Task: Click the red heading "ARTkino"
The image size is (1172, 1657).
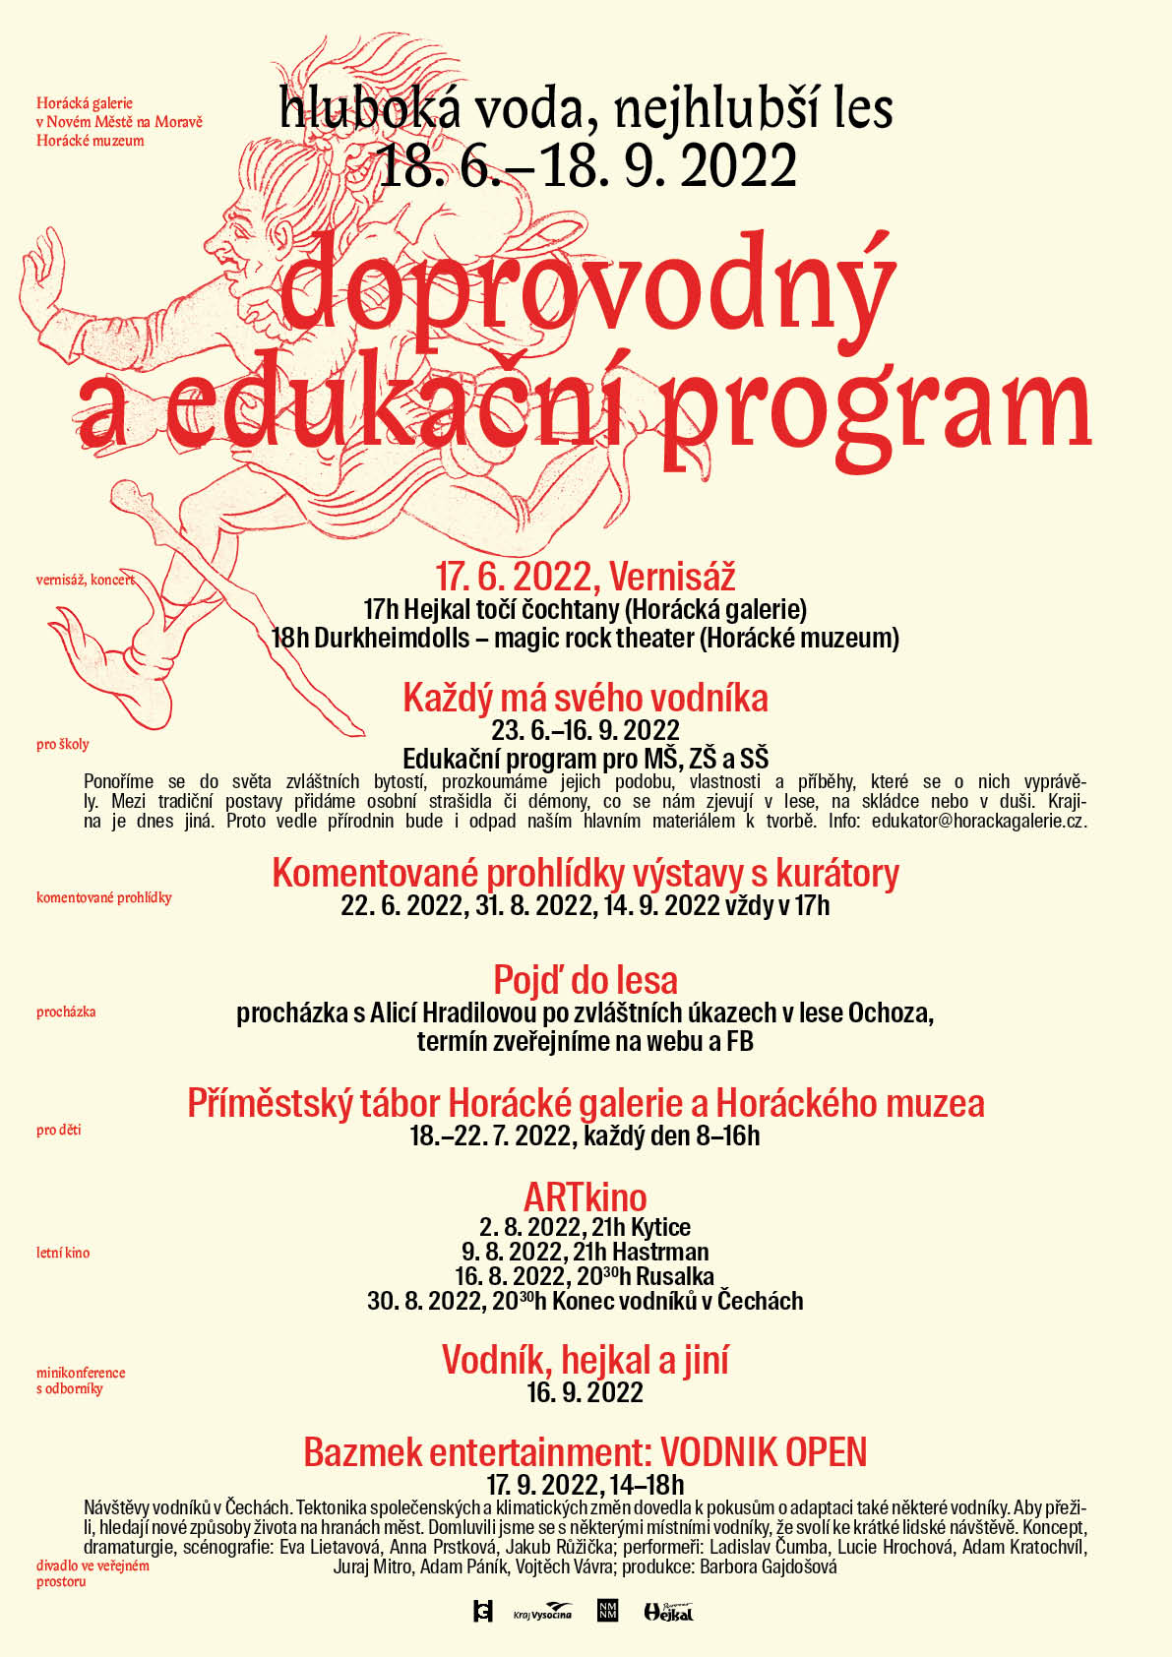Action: click(x=585, y=1197)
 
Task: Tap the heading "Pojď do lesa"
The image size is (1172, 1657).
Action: click(x=585, y=980)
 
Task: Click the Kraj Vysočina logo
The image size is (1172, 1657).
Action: click(x=542, y=1612)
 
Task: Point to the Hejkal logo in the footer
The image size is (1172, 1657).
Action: click(x=668, y=1611)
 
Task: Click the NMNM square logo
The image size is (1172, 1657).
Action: click(x=607, y=1611)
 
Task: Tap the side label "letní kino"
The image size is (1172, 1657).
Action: click(x=63, y=1253)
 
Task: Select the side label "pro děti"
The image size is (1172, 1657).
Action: click(x=59, y=1130)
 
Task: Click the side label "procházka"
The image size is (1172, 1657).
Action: click(x=66, y=1012)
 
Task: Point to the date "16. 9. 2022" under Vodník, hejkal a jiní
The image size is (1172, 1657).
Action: click(x=585, y=1392)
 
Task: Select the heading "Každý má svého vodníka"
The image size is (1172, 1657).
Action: click(x=585, y=699)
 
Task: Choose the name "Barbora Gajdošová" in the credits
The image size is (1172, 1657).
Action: click(x=769, y=1566)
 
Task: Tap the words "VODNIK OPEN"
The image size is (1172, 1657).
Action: click(x=764, y=1452)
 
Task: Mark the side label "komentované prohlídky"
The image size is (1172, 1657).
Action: click(x=103, y=897)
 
